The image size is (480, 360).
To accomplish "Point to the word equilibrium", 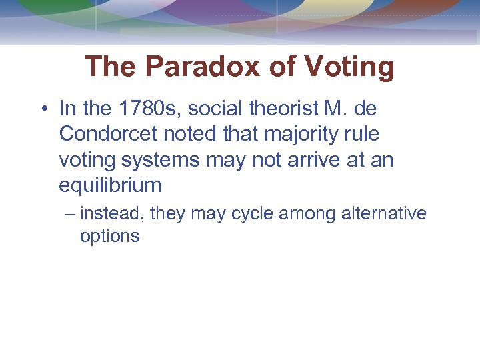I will tap(110, 185).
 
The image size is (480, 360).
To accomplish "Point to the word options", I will tap(109, 236).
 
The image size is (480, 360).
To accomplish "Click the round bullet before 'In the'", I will tap(45, 109).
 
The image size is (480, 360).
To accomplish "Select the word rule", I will tap(362, 134).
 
